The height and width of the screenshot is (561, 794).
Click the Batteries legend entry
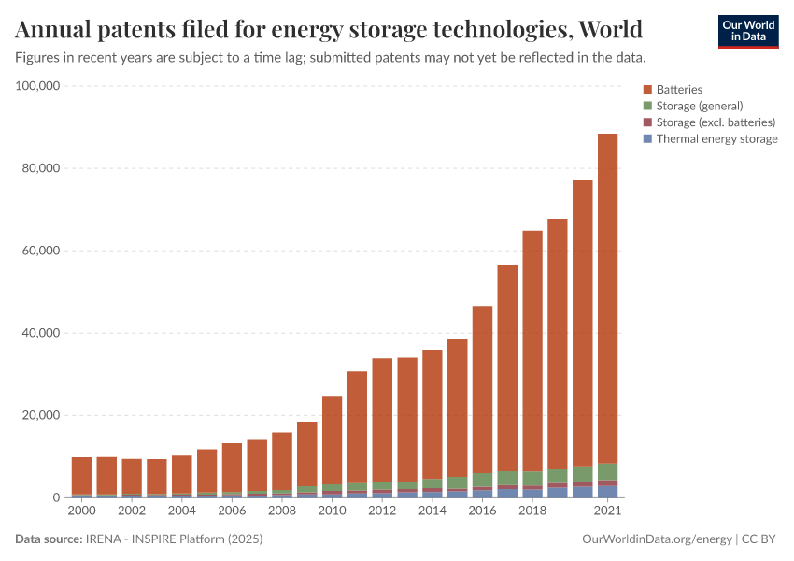click(678, 89)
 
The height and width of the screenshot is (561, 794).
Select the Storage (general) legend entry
click(699, 106)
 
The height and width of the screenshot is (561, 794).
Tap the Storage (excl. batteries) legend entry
click(716, 122)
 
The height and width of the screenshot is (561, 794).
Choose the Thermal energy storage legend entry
click(716, 138)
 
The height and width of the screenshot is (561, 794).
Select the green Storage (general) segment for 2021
click(607, 471)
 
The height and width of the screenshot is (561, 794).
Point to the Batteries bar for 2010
click(332, 440)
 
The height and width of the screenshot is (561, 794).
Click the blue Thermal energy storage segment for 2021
click(607, 492)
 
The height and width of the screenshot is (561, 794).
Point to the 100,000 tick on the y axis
click(38, 86)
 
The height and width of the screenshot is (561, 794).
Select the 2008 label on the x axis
click(282, 511)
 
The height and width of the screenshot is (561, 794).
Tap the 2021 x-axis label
click(607, 511)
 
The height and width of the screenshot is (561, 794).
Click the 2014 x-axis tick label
click(432, 511)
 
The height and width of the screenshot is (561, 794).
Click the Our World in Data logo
click(747, 31)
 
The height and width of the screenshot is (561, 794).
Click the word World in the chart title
click(610, 30)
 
